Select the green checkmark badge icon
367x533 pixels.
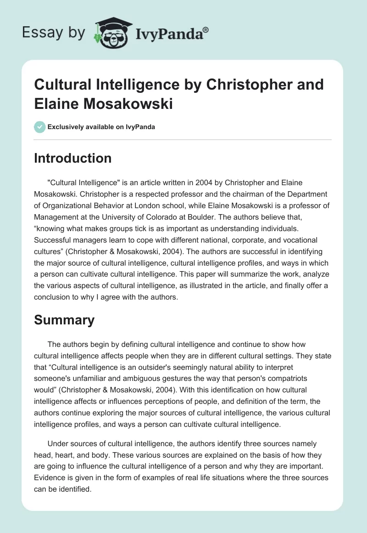click(x=40, y=127)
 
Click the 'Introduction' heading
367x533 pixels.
click(x=73, y=158)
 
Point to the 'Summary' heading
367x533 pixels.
click(x=64, y=320)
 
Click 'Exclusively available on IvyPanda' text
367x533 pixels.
click(x=101, y=127)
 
